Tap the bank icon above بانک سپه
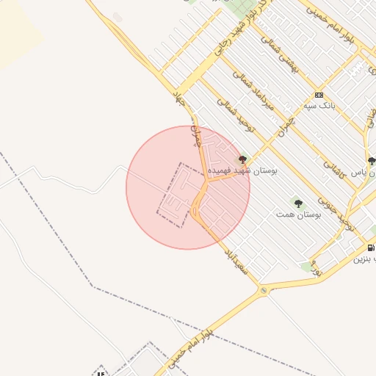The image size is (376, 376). pos(318,95)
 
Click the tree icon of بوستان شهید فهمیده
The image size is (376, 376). pos(242,158)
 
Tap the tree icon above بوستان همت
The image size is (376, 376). pos(297,203)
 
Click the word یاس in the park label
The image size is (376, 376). pos(358,173)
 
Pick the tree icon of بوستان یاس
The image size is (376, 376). pos(372,161)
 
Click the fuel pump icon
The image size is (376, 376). pos(371,247)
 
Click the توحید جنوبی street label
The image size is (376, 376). pos(340,214)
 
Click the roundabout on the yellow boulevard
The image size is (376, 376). pos(264,291)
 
